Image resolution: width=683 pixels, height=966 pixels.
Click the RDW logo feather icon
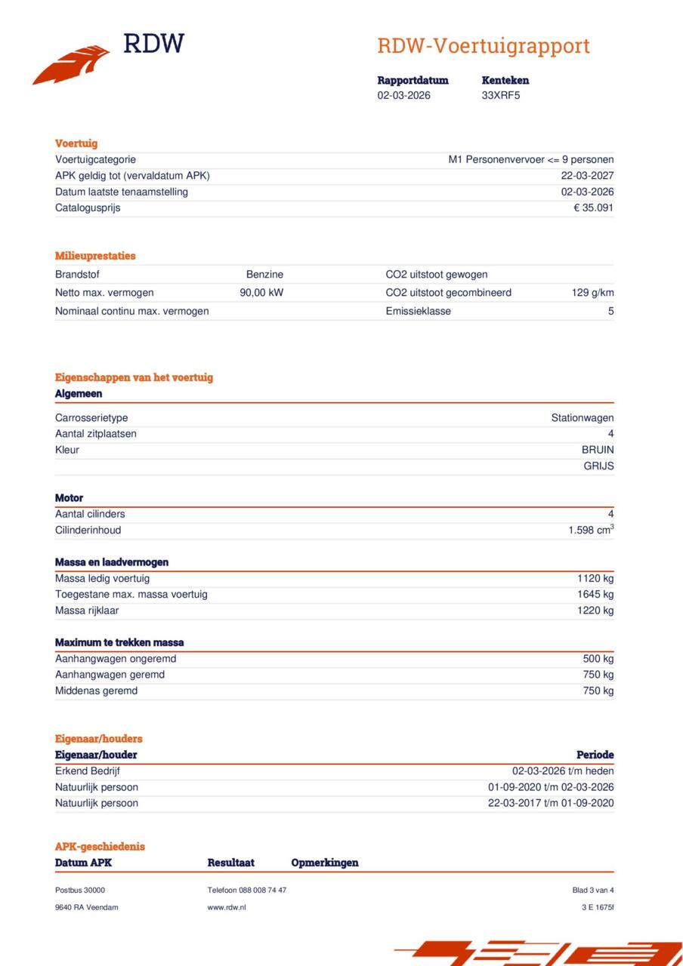71,65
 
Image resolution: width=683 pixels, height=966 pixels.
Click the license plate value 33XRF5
500,96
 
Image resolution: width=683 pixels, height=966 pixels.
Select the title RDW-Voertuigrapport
483,46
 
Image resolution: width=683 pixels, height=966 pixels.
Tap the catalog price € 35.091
593,208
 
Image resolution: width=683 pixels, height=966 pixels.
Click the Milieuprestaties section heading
95,256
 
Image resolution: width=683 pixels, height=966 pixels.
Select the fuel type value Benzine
264,275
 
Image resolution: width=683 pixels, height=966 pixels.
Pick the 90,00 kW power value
261,293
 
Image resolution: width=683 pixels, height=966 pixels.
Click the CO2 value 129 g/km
592,293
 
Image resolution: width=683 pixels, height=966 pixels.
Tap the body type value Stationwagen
582,418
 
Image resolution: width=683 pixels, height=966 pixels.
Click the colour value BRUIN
597,450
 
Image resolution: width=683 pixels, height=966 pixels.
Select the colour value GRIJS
598,466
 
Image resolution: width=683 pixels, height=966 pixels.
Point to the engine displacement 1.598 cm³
591,531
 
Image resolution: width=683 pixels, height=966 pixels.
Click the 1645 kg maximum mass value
595,595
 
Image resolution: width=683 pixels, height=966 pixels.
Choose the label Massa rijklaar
87,611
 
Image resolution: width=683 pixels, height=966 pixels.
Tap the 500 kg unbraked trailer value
598,659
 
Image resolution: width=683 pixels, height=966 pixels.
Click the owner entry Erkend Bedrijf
88,771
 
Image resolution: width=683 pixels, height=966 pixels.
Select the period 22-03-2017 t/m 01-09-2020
551,803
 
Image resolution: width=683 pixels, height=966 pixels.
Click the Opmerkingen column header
325,863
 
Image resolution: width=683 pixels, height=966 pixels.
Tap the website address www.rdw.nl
227,907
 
